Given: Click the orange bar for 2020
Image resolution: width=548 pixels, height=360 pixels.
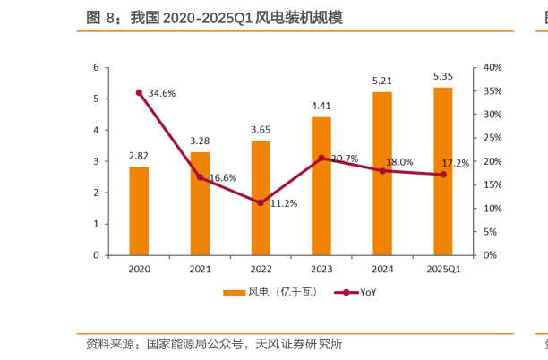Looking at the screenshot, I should (139, 210).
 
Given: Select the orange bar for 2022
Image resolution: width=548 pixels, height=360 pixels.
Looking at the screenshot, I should (261, 198).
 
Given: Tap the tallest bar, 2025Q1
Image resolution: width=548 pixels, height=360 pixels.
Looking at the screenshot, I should (442, 171).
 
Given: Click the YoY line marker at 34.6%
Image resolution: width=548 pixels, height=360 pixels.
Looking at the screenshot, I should (139, 92).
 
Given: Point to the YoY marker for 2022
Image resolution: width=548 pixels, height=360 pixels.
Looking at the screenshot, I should (261, 202).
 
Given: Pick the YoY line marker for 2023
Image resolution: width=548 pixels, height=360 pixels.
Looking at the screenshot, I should (321, 158).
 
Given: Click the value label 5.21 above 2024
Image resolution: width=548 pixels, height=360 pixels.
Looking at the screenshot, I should (382, 81).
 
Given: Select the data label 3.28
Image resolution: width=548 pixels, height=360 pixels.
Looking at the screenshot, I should (200, 141).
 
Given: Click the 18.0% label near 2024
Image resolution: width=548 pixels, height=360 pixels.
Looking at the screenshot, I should (399, 162).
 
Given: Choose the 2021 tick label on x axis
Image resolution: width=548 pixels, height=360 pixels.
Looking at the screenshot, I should (200, 269).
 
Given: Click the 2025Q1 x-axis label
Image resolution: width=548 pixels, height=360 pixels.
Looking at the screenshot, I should (442, 269).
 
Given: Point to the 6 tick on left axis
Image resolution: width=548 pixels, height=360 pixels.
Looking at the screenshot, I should (96, 67).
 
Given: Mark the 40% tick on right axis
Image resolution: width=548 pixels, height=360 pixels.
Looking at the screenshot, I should (492, 67).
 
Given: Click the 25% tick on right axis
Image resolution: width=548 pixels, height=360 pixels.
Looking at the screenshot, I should (492, 138).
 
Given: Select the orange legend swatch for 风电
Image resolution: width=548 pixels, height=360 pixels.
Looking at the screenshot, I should (234, 293).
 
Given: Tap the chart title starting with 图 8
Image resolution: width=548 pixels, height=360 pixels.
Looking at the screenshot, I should (214, 18).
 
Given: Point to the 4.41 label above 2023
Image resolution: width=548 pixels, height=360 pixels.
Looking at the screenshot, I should (321, 106).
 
